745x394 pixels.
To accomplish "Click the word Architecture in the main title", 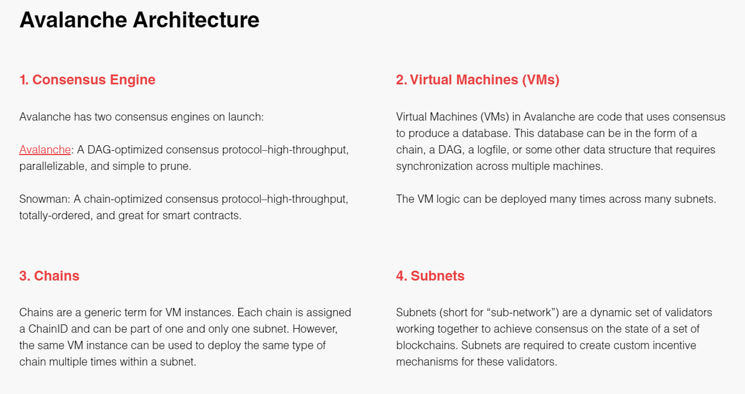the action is tap(196, 20).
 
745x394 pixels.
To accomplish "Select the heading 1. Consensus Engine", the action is tap(87, 80).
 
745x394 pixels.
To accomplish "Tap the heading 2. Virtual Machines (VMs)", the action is tap(477, 80).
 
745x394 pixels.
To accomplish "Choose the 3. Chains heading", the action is tap(49, 276).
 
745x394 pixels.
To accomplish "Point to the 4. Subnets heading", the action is tap(430, 276).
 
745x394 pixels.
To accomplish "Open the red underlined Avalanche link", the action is tap(45, 150).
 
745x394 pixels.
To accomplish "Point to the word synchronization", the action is tap(434, 166).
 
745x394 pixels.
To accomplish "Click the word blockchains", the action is tap(427, 345).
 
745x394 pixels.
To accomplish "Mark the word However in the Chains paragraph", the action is tap(315, 329).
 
